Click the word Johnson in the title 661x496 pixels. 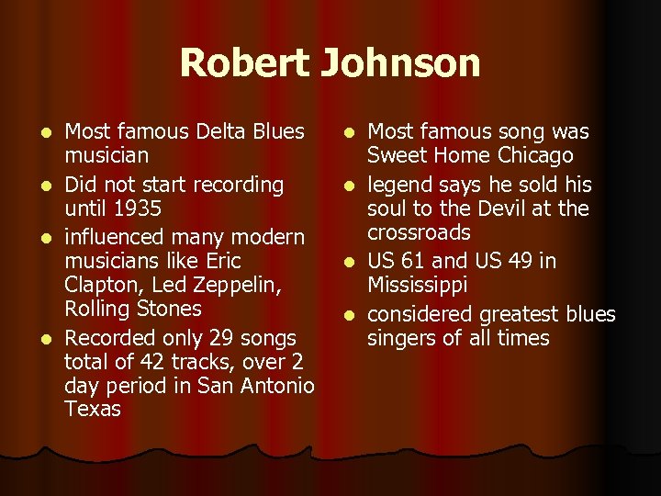click(x=400, y=64)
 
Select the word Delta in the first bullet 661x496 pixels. click(x=220, y=132)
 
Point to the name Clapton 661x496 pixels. click(x=100, y=285)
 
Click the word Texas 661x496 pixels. click(x=93, y=409)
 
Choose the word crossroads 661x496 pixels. click(x=419, y=232)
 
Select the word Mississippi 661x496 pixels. click(x=418, y=286)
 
